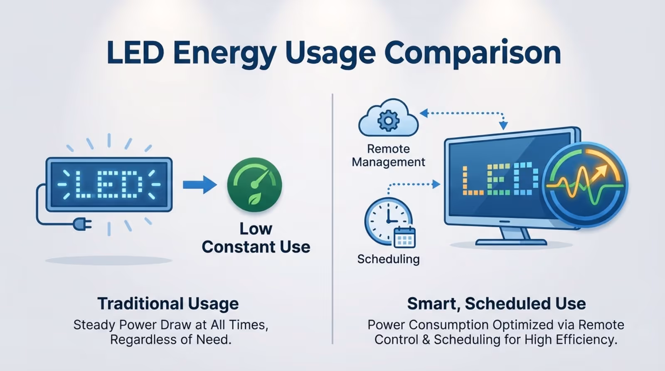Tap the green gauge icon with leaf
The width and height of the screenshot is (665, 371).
pyautogui.click(x=254, y=185)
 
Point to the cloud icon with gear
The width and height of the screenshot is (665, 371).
pyautogui.click(x=388, y=119)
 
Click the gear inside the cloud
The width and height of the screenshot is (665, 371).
pyautogui.click(x=388, y=121)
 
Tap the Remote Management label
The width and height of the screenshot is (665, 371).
pyautogui.click(x=388, y=156)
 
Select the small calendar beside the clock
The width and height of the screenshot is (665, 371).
pyautogui.click(x=404, y=237)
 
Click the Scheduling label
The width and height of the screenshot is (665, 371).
pyautogui.click(x=388, y=259)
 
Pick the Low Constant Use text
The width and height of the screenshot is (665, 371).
pyautogui.click(x=256, y=238)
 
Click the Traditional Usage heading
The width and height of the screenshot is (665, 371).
pyautogui.click(x=168, y=304)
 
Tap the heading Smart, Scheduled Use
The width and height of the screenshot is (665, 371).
pyautogui.click(x=496, y=304)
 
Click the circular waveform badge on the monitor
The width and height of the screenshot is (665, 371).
pyautogui.click(x=585, y=185)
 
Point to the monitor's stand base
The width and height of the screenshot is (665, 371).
pyautogui.click(x=511, y=242)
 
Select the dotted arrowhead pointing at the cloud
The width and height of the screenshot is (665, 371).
pyautogui.click(x=424, y=113)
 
